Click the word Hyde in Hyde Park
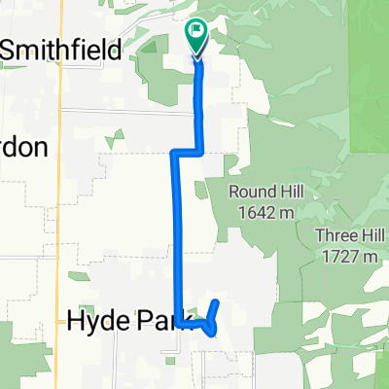click(x=97, y=321)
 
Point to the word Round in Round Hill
click(x=250, y=191)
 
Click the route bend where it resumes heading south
click(x=175, y=153)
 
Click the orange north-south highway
click(x=61, y=194)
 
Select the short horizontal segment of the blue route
click(x=187, y=152)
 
